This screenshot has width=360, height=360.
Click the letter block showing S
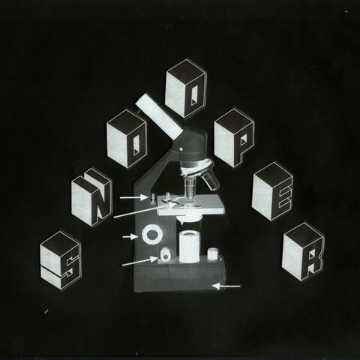(60, 259)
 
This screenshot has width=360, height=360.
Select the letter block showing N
(91, 196)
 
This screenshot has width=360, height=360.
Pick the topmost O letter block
(185, 88)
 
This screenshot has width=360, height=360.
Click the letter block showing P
(234, 138)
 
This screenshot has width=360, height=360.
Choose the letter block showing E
(271, 193)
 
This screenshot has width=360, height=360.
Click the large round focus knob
(152, 235)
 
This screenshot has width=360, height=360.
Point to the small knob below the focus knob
(163, 257)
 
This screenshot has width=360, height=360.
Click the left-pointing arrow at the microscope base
(227, 286)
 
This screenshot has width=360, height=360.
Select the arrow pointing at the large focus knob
(130, 237)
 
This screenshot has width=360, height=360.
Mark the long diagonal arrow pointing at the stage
(139, 210)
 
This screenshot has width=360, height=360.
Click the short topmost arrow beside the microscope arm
(133, 197)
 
